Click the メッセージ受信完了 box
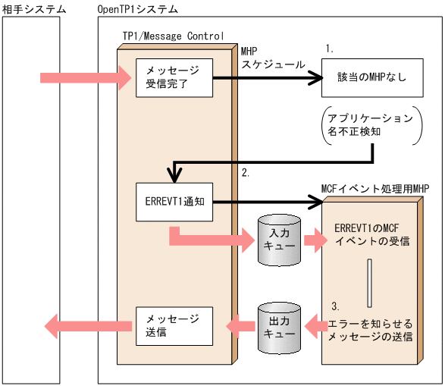[x=173, y=77]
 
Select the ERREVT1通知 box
[x=173, y=203]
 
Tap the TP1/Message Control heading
[x=173, y=36]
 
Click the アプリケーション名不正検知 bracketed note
[x=371, y=126]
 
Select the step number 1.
[x=329, y=48]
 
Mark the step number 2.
[x=245, y=173]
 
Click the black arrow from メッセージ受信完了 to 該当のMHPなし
[x=265, y=77]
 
